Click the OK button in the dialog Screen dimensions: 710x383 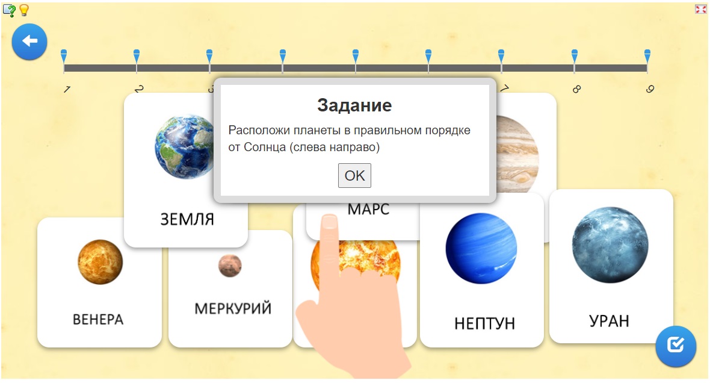coord(354,175)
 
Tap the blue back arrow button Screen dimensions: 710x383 coord(29,42)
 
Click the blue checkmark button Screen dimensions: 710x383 coord(676,346)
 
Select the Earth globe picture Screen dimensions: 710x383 coord(184,146)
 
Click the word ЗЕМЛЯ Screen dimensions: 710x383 coord(187,219)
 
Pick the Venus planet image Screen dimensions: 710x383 coord(100,262)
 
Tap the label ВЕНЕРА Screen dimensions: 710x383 coord(98,320)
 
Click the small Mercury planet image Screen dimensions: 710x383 coord(230,266)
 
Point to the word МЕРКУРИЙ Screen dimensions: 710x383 coord(233,309)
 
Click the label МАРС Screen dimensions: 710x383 coord(368,210)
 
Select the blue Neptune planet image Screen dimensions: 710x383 coord(481,248)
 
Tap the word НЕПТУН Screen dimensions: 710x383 coord(484,323)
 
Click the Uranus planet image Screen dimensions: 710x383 coord(610,245)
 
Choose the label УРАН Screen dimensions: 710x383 coord(609,321)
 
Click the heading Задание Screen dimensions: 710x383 coord(354,105)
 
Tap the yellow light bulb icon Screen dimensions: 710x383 coord(24,10)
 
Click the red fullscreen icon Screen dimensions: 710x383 coord(700,9)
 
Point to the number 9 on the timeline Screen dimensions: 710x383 coord(650,89)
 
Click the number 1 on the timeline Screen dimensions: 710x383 coord(67,89)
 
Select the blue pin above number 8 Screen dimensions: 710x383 coord(575,56)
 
